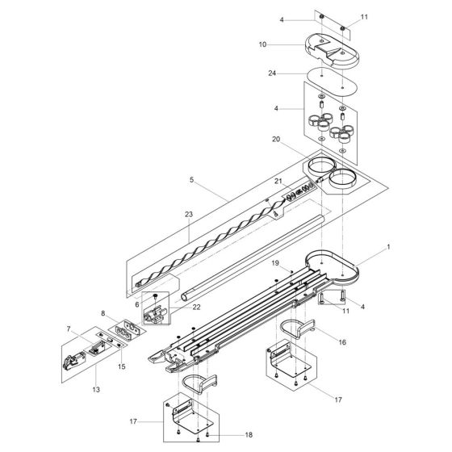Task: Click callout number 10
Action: click(262, 44)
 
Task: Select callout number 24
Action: click(272, 73)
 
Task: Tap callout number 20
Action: click(276, 139)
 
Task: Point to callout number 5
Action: click(192, 180)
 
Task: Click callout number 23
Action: click(189, 214)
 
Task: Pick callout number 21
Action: click(278, 181)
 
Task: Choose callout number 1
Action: click(388, 247)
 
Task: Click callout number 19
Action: click(275, 263)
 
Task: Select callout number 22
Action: click(196, 308)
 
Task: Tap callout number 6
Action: click(137, 304)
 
